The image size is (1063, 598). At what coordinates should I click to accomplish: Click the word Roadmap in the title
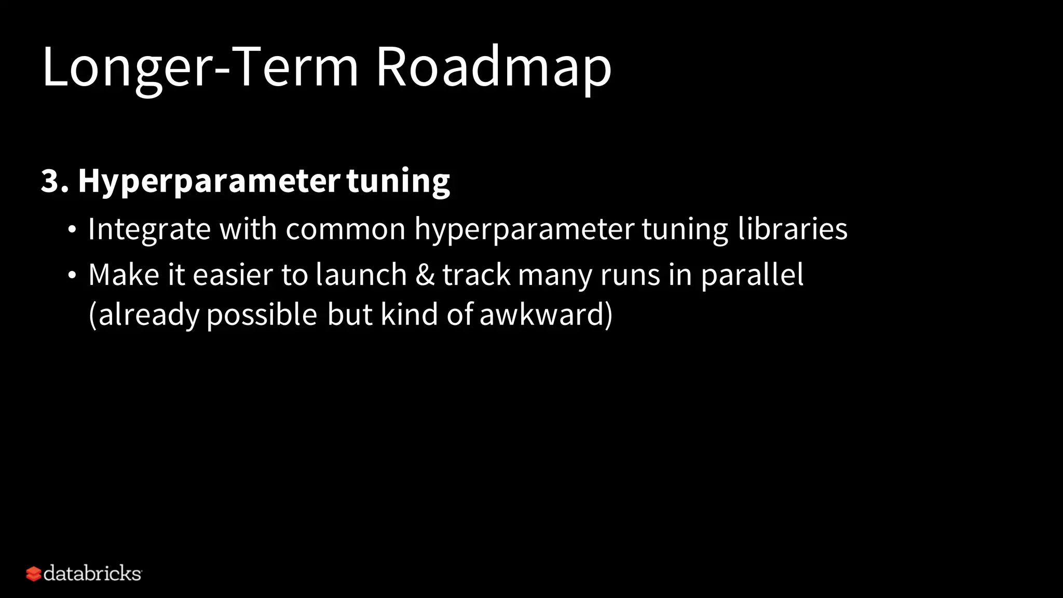(493, 67)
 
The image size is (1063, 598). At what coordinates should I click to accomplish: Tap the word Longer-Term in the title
(200, 67)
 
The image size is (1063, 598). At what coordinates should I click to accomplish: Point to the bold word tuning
(398, 182)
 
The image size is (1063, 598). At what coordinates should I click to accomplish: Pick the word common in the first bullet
(345, 229)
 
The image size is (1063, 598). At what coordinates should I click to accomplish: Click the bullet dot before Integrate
(72, 229)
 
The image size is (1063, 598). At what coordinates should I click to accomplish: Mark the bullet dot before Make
(72, 275)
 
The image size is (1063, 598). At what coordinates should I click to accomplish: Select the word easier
(233, 275)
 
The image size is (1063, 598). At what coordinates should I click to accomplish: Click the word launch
(361, 275)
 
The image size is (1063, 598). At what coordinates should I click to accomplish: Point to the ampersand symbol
(425, 275)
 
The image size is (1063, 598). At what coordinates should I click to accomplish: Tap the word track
(476, 275)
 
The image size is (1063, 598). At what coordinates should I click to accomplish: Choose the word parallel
(752, 276)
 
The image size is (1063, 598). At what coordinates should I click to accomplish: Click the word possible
(262, 315)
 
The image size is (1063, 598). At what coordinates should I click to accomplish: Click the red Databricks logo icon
(33, 574)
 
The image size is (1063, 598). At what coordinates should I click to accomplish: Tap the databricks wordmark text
(92, 574)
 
